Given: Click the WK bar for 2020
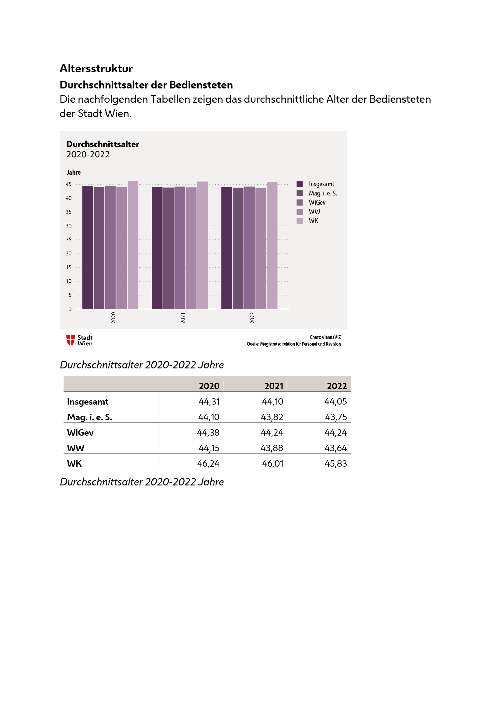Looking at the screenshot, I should [133, 245].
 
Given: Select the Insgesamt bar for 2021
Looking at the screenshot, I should [157, 248].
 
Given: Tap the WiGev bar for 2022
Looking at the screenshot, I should [249, 248].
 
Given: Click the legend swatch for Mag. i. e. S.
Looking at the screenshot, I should [300, 193].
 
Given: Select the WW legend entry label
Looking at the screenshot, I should [314, 212].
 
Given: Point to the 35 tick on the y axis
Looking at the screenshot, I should [69, 212].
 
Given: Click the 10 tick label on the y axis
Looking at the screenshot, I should [69, 281].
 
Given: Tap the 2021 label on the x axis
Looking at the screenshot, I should [183, 318].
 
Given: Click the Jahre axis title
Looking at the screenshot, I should [73, 172].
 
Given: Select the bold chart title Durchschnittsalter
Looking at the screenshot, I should [102, 144].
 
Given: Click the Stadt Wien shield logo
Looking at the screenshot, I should [71, 340].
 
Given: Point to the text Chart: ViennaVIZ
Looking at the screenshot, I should [325, 337].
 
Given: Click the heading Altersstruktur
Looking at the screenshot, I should [96, 68].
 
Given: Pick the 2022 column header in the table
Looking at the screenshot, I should [337, 386].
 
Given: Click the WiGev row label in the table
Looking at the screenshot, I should [80, 433].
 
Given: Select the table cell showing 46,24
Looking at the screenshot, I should [208, 464].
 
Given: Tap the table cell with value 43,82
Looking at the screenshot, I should [272, 417].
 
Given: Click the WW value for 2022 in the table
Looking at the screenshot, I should [335, 448].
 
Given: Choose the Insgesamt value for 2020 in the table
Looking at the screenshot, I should [209, 402].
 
